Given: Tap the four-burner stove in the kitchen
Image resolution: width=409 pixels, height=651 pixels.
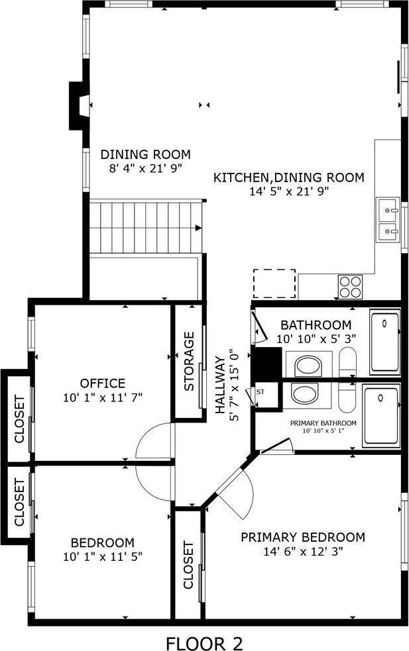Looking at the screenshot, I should [x=351, y=286].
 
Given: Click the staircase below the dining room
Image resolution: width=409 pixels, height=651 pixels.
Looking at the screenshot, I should [x=145, y=227].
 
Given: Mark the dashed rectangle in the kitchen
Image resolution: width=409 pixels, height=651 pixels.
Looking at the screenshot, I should [x=274, y=283].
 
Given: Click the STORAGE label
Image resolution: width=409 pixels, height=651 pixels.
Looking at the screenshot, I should [x=189, y=361].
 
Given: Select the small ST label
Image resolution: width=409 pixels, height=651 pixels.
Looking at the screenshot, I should [x=261, y=392].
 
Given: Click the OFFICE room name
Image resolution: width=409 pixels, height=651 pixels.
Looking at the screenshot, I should [x=102, y=383].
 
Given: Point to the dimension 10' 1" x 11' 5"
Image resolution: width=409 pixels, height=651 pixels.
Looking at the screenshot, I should [x=102, y=556].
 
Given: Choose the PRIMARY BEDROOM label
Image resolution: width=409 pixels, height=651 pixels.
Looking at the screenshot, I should [x=302, y=536].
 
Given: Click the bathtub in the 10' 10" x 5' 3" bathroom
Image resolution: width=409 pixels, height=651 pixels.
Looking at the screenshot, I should [x=384, y=342].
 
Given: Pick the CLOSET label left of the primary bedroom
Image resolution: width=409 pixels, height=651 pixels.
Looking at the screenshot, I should [x=188, y=565].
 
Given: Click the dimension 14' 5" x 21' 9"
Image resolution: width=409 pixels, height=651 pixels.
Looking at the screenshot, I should [x=289, y=191].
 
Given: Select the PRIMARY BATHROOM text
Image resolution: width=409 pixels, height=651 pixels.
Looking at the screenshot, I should [x=323, y=423].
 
